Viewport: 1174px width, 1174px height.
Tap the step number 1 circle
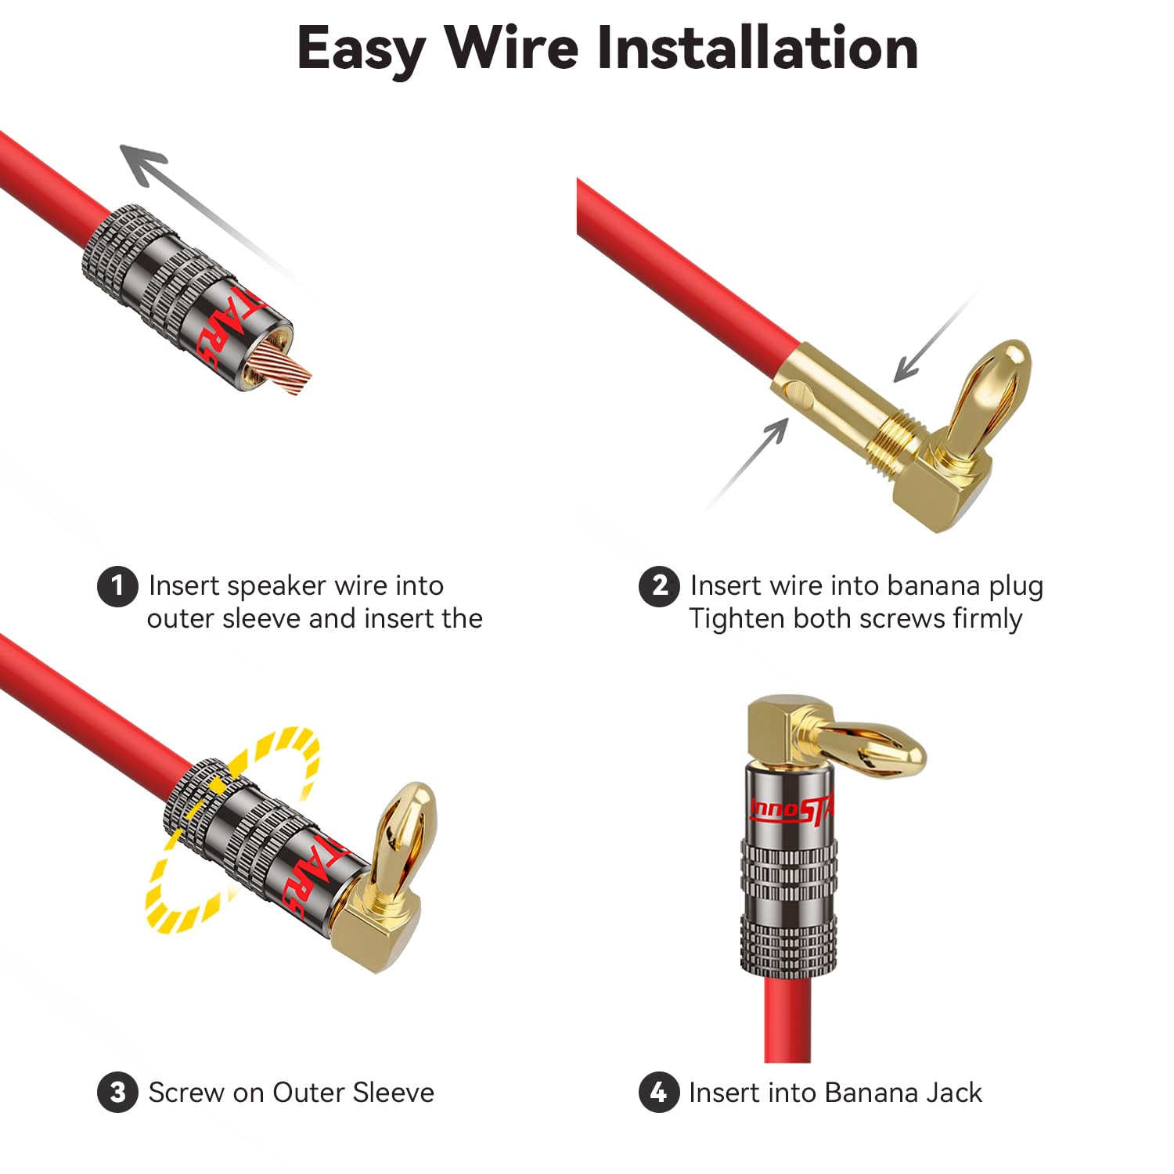tap(117, 585)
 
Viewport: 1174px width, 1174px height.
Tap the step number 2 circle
tap(659, 585)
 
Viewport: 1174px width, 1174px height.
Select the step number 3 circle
tap(117, 1092)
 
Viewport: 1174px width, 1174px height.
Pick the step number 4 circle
tap(659, 1092)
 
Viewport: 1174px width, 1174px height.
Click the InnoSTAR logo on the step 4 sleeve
tap(791, 810)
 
